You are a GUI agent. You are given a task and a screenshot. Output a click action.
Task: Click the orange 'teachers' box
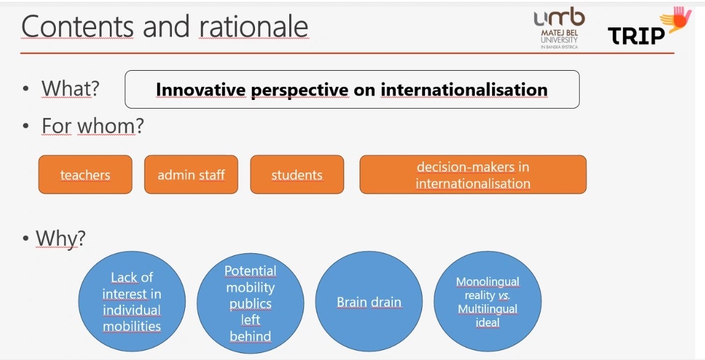pyautogui.click(x=86, y=174)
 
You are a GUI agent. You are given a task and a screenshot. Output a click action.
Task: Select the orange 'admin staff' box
pyautogui.click(x=191, y=174)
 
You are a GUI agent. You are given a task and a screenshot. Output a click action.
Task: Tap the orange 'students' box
pyautogui.click(x=297, y=174)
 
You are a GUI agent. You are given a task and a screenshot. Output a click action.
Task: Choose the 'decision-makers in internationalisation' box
pyautogui.click(x=473, y=174)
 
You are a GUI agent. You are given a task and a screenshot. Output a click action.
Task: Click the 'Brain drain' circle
pyautogui.click(x=369, y=302)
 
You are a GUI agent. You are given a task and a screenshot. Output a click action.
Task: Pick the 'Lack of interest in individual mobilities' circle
pyautogui.click(x=132, y=302)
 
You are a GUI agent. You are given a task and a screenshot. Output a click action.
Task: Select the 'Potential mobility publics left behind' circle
pyautogui.click(x=251, y=302)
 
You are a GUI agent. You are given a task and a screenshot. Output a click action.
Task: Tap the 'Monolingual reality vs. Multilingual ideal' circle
pyautogui.click(x=488, y=302)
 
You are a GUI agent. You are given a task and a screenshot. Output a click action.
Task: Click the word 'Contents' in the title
pyautogui.click(x=78, y=26)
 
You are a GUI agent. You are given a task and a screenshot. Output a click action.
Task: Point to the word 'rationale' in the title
pyautogui.click(x=254, y=26)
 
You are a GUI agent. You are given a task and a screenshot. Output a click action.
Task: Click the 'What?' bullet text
pyautogui.click(x=70, y=89)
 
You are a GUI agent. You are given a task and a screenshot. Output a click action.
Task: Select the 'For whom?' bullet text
pyautogui.click(x=92, y=125)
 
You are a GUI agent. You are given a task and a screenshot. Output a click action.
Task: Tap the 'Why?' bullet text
pyautogui.click(x=60, y=238)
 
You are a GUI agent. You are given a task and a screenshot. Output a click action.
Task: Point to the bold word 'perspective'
pyautogui.click(x=300, y=91)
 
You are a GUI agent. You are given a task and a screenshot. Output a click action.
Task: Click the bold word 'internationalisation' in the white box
pyautogui.click(x=464, y=89)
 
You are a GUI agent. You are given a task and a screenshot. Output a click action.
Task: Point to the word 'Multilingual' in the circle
pyautogui.click(x=488, y=309)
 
